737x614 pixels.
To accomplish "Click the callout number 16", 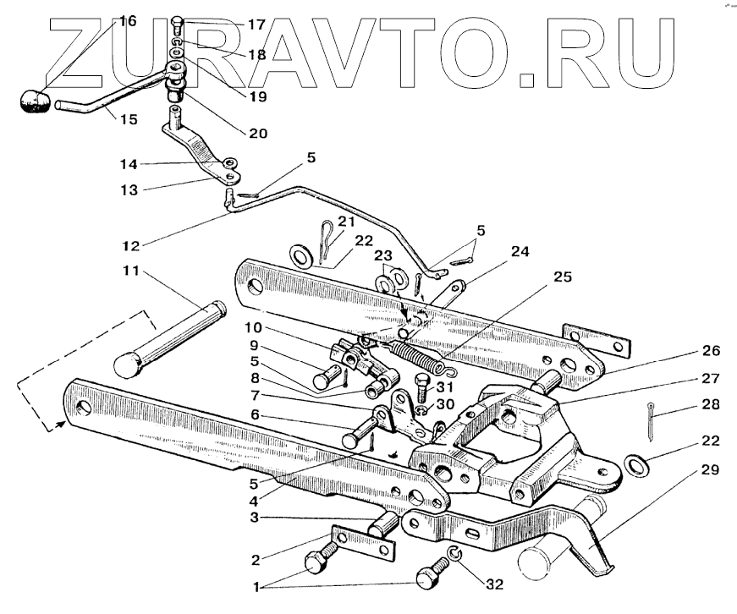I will pos(127,21).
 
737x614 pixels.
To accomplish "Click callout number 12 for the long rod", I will pos(130,245).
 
